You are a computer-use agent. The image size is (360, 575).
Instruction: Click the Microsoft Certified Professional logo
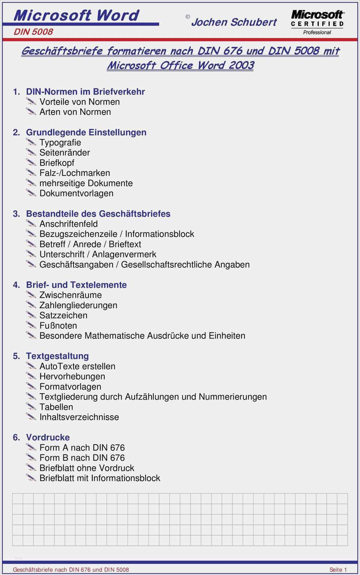317,22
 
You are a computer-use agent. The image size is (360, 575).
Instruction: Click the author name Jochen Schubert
234,22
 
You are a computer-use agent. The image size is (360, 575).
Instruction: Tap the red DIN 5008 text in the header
33,32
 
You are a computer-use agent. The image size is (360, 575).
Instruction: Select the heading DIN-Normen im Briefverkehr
85,91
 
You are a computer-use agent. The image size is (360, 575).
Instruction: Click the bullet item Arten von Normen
75,112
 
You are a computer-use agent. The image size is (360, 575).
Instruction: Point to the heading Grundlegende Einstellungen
86,132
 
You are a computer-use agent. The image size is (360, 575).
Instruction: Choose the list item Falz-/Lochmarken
75,173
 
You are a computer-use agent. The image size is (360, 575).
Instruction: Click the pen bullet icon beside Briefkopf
31,162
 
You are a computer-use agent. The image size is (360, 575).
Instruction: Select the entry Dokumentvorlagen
76,193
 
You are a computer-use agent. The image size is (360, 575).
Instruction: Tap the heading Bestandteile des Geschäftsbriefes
98,214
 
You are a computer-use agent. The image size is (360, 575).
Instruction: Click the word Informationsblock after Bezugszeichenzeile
159,234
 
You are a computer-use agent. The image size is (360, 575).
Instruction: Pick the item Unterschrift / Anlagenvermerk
97,254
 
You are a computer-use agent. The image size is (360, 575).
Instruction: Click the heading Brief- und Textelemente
76,285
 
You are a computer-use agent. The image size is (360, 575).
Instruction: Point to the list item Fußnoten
58,325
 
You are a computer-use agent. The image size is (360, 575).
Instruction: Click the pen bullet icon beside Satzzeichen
31,315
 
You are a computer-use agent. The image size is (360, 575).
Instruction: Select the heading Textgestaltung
57,356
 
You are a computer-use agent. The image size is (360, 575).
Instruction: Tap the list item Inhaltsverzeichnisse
79,417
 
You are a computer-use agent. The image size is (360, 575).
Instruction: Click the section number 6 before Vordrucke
16,437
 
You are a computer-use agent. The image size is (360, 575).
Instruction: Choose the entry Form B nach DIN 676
82,458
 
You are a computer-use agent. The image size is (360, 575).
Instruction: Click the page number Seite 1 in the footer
338,569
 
